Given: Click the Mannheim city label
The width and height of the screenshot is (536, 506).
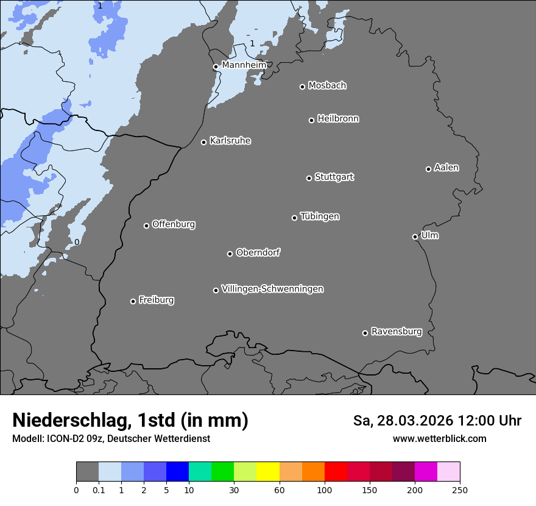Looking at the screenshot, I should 244,65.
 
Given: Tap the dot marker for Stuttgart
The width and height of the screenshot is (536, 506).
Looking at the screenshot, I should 309,178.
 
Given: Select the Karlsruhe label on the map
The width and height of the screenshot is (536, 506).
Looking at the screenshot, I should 230,141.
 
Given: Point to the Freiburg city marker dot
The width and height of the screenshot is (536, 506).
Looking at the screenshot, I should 133,301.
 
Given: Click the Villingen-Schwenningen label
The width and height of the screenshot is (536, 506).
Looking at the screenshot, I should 272,289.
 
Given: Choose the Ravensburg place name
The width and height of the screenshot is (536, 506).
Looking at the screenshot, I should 397,332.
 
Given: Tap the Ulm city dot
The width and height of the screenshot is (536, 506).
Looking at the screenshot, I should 415,237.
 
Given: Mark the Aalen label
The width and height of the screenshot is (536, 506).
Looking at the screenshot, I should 446,168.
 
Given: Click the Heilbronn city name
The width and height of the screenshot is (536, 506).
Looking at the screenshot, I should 338,119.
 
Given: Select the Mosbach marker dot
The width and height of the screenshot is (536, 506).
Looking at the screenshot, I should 302,87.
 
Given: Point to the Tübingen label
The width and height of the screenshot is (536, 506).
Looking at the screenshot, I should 320,216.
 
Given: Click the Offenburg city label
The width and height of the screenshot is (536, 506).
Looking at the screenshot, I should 174,224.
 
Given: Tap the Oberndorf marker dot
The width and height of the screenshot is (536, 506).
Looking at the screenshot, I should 230,254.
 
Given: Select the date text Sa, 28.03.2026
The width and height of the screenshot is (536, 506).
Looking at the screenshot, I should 403,421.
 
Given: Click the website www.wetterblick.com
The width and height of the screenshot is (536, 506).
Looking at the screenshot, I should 439,439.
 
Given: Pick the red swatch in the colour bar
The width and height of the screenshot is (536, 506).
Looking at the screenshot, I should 336,472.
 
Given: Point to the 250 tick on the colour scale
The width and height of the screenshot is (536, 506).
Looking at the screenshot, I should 460,490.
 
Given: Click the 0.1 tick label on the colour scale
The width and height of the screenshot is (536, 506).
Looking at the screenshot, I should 99,490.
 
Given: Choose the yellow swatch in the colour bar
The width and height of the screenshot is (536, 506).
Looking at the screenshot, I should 268,472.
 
